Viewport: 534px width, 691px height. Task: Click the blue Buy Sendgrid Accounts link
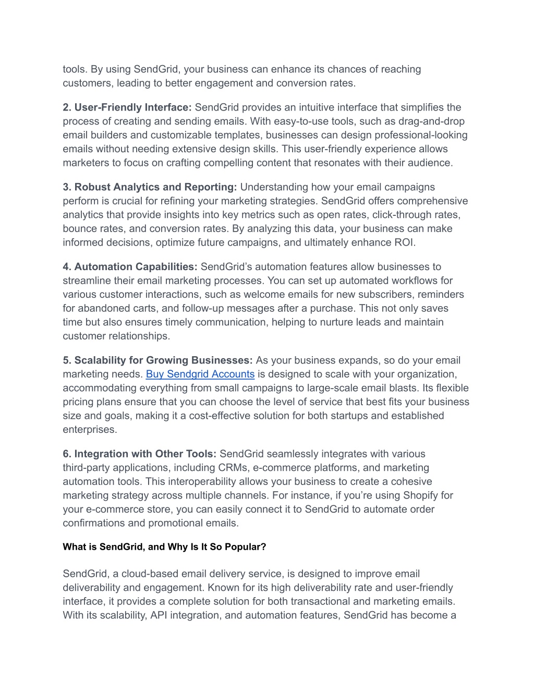click(200, 374)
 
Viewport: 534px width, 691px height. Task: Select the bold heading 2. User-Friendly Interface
click(127, 107)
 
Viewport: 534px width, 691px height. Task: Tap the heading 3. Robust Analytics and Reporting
click(150, 187)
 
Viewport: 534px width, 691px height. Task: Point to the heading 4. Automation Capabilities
click(130, 267)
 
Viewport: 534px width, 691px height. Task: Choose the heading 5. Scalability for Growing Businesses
click(157, 360)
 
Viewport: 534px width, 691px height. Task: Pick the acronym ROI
click(404, 243)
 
